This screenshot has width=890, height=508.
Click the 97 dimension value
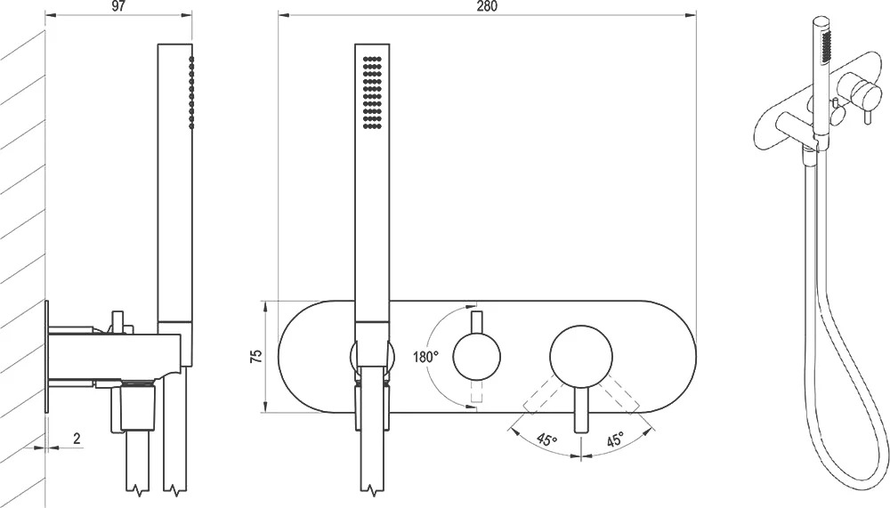[118, 6]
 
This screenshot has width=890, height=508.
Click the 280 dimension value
[487, 6]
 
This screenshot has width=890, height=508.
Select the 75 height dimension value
[256, 356]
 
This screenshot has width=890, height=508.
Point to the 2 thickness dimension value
[77, 438]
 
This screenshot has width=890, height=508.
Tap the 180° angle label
[425, 357]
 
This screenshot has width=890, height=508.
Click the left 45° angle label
[546, 439]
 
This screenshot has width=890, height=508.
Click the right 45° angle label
[614, 439]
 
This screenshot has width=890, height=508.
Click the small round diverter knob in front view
[477, 357]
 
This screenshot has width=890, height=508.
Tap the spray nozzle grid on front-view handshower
[372, 93]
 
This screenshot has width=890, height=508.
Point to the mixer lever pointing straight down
[581, 411]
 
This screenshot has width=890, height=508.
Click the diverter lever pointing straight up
[477, 322]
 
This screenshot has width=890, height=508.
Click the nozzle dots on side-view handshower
[192, 92]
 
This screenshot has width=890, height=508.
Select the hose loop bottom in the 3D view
[852, 476]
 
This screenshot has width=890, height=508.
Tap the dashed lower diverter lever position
[477, 391]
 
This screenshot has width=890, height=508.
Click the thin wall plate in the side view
[46, 356]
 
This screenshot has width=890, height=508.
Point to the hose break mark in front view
[372, 488]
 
